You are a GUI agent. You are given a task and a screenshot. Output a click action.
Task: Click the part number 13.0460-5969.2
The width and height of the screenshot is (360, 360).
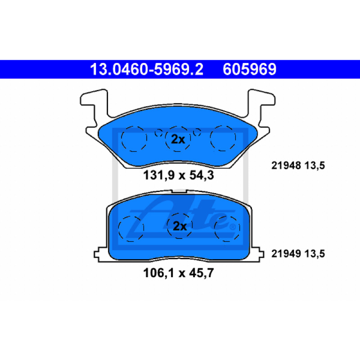pos(147,69)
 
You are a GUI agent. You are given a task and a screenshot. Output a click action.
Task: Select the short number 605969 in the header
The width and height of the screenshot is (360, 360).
pos(249,69)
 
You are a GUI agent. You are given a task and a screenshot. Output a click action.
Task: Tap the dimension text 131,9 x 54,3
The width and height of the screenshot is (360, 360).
pos(178,175)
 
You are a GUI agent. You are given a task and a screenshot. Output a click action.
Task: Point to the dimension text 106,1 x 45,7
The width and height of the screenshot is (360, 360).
pos(178,273)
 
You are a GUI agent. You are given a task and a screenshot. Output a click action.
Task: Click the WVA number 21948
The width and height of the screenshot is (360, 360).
pos(286,166)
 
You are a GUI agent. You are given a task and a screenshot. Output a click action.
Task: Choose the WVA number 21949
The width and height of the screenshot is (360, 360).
pos(286,254)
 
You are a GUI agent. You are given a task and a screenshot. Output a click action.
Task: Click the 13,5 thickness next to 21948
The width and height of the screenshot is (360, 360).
pos(315,166)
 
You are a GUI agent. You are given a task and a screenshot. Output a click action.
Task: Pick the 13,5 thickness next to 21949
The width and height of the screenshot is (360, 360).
pos(315,254)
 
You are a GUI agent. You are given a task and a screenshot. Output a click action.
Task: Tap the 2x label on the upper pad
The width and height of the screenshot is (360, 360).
pos(178,139)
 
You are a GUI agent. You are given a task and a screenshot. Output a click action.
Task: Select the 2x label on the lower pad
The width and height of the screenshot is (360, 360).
pos(180,226)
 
